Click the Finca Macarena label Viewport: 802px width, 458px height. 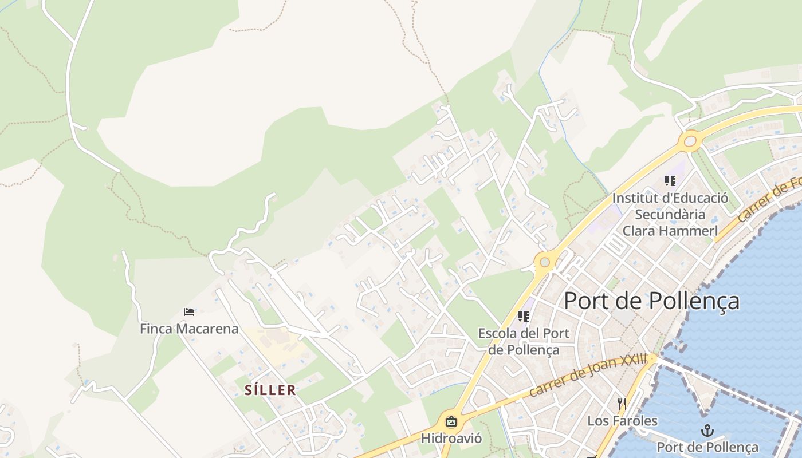click(189, 329)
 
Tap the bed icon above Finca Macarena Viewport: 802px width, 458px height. click(189, 312)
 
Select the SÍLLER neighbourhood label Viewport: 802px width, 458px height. click(270, 390)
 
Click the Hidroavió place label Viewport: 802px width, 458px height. click(451, 439)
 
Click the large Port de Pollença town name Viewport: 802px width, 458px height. click(651, 301)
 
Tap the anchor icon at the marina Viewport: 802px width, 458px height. click(707, 431)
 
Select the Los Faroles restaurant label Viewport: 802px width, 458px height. click(622, 421)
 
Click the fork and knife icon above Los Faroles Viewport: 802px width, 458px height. click(622, 404)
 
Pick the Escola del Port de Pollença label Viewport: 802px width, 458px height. click(524, 341)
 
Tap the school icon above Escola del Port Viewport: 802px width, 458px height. click(524, 316)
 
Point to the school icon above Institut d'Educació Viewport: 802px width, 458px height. click(670, 181)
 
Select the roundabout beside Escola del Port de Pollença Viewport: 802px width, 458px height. click(544, 263)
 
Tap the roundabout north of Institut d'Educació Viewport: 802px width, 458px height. click(690, 140)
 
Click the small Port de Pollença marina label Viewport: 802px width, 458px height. click(707, 447)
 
